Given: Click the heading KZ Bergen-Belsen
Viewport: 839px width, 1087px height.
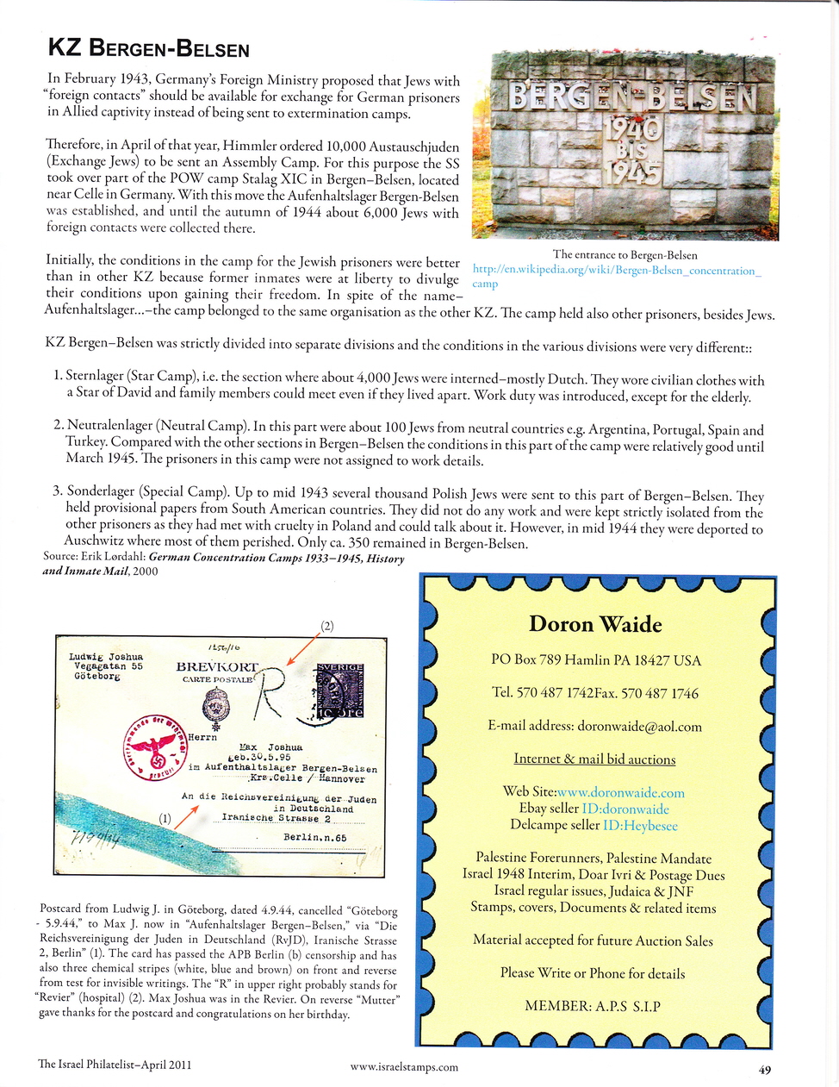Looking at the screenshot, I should click(148, 48).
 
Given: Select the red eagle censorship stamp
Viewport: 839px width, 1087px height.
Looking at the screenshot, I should click(156, 746).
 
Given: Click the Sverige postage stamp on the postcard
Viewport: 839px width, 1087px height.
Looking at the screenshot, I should click(340, 691).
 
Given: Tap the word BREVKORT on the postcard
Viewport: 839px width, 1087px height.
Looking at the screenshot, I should click(217, 666).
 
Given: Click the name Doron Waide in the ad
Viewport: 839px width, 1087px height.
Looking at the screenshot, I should click(595, 624).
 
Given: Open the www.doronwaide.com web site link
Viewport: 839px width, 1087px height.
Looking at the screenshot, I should click(621, 792).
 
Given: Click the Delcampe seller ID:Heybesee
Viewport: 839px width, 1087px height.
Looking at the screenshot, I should click(630, 825).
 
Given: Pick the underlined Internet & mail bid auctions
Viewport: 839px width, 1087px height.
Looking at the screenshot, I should click(594, 759).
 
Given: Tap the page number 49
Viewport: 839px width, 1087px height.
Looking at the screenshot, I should click(765, 1070).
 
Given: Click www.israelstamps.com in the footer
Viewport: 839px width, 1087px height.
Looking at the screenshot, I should click(404, 1067).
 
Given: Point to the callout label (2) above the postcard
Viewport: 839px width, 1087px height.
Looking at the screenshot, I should click(327, 626).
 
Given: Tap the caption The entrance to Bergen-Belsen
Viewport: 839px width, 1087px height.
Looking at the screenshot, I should click(625, 254).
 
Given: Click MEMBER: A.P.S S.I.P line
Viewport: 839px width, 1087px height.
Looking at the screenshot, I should click(593, 1006).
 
